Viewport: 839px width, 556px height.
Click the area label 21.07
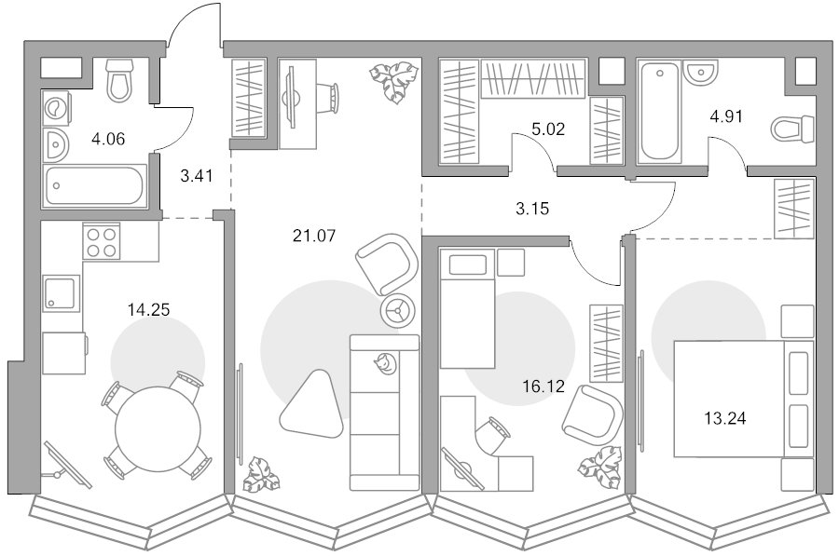[314, 235]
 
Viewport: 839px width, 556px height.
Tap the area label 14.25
[148, 309]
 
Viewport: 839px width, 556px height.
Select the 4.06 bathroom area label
[108, 139]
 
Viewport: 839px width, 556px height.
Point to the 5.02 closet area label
[548, 129]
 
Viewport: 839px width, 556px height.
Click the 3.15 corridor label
[532, 209]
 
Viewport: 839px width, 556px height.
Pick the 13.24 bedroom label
[724, 418]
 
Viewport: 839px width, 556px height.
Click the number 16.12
[543, 386]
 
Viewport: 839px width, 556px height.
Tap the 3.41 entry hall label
[197, 175]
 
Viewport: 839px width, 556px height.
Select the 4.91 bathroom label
[725, 116]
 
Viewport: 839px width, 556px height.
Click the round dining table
[158, 427]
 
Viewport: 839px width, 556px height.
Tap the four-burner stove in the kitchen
[101, 241]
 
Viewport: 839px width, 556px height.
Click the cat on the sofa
[385, 363]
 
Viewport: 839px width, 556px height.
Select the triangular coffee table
[310, 405]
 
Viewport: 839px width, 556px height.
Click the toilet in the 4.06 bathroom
[119, 80]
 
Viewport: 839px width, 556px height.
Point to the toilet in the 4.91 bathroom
[792, 129]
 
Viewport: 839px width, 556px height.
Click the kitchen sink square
[61, 292]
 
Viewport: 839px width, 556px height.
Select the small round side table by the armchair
[398, 310]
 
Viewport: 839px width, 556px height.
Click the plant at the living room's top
[393, 80]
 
